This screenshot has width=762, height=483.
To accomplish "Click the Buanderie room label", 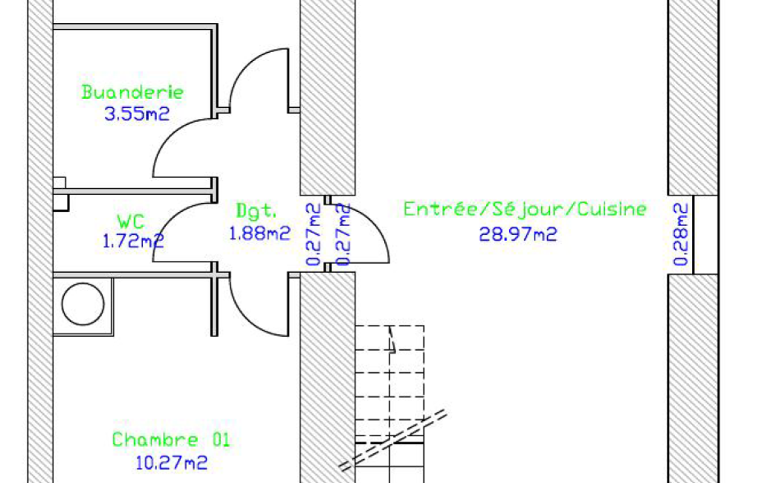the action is (x=132, y=92).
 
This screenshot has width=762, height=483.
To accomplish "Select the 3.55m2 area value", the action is (x=137, y=114).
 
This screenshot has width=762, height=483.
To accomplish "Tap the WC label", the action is (x=131, y=221).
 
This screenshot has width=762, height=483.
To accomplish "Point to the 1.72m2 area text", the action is (x=133, y=241).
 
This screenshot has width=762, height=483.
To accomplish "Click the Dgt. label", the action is (x=256, y=211).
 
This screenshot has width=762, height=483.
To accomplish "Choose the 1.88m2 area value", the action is (x=259, y=234).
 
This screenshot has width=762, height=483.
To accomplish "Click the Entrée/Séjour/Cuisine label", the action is (x=525, y=209).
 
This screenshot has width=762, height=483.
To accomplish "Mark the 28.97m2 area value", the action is (x=518, y=235).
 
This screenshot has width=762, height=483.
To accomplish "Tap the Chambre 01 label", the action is (x=170, y=440).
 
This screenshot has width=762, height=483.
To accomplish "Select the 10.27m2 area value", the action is (x=172, y=463).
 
